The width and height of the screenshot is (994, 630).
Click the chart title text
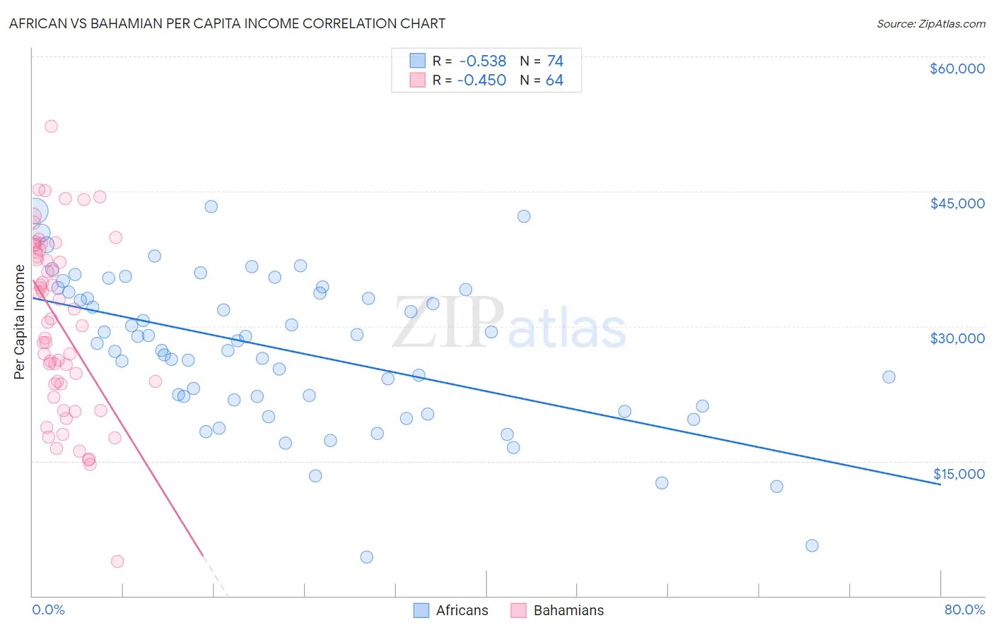point(227,23)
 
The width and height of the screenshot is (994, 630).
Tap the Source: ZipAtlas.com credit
point(930,23)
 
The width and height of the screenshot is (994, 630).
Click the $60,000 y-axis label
point(957,69)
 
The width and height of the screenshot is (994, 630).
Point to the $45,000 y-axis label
point(957,203)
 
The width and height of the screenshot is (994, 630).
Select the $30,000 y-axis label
point(957,338)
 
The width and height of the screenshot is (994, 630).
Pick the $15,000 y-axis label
point(958,474)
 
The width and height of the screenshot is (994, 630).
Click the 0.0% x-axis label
point(48,610)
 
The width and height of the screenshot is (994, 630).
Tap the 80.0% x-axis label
point(964,610)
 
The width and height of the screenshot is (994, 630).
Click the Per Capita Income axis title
point(20,321)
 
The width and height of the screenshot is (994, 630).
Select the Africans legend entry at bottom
point(450,610)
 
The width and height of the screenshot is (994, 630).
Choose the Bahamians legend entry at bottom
point(557,610)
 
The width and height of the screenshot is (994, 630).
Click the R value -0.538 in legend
point(482,61)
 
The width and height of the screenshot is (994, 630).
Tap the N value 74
point(555,61)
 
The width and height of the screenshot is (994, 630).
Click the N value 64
point(554,81)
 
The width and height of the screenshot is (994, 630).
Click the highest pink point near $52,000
point(51,126)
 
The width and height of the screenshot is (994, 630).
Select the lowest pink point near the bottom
point(117,561)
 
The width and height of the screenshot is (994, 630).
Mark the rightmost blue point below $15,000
point(812,545)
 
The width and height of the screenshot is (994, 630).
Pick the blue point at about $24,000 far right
point(889,377)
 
